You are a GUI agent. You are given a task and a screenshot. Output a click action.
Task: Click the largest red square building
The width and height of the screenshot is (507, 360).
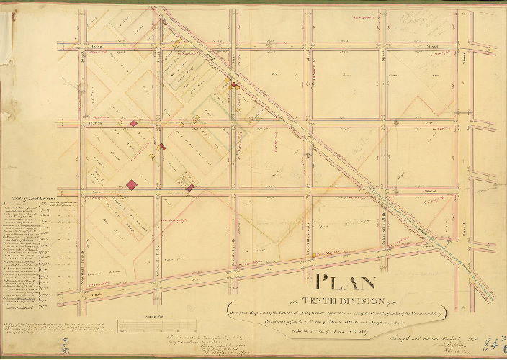[x=132, y=184]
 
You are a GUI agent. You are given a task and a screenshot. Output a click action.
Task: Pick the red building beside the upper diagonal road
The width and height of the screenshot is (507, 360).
[x=233, y=86]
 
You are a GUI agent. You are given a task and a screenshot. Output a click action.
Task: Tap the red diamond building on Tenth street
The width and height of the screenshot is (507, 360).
[x=133, y=123]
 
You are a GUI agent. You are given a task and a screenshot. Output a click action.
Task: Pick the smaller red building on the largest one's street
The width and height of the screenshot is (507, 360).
[x=189, y=187]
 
